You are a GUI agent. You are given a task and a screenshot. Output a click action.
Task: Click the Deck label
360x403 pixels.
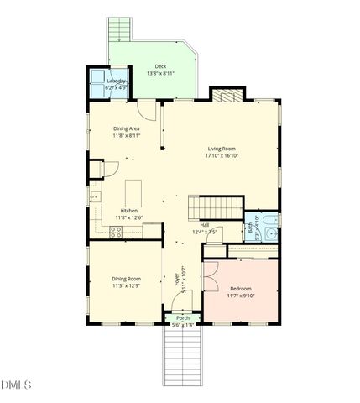click(x=160, y=66)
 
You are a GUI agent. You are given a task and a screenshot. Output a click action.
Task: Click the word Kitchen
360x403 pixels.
click(x=128, y=211)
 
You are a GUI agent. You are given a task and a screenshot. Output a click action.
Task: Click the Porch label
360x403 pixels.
click(x=182, y=317)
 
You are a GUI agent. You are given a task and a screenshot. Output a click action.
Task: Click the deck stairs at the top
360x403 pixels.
click(x=120, y=31)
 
